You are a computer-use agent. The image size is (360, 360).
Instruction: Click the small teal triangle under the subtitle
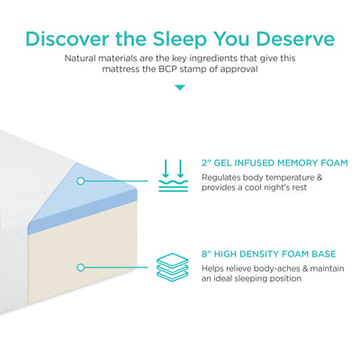point(180,87)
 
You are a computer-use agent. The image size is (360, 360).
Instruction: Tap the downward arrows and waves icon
point(174,175)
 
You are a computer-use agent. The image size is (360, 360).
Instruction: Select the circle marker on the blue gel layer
point(81,181)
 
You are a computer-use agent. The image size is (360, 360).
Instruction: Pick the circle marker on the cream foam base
point(81,266)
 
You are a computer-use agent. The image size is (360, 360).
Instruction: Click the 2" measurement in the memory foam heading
point(207,164)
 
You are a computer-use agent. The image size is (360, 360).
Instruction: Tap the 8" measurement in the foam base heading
point(207,254)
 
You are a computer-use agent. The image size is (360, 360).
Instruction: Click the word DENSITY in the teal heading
point(267,254)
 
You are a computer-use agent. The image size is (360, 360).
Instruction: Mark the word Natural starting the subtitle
point(83,57)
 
